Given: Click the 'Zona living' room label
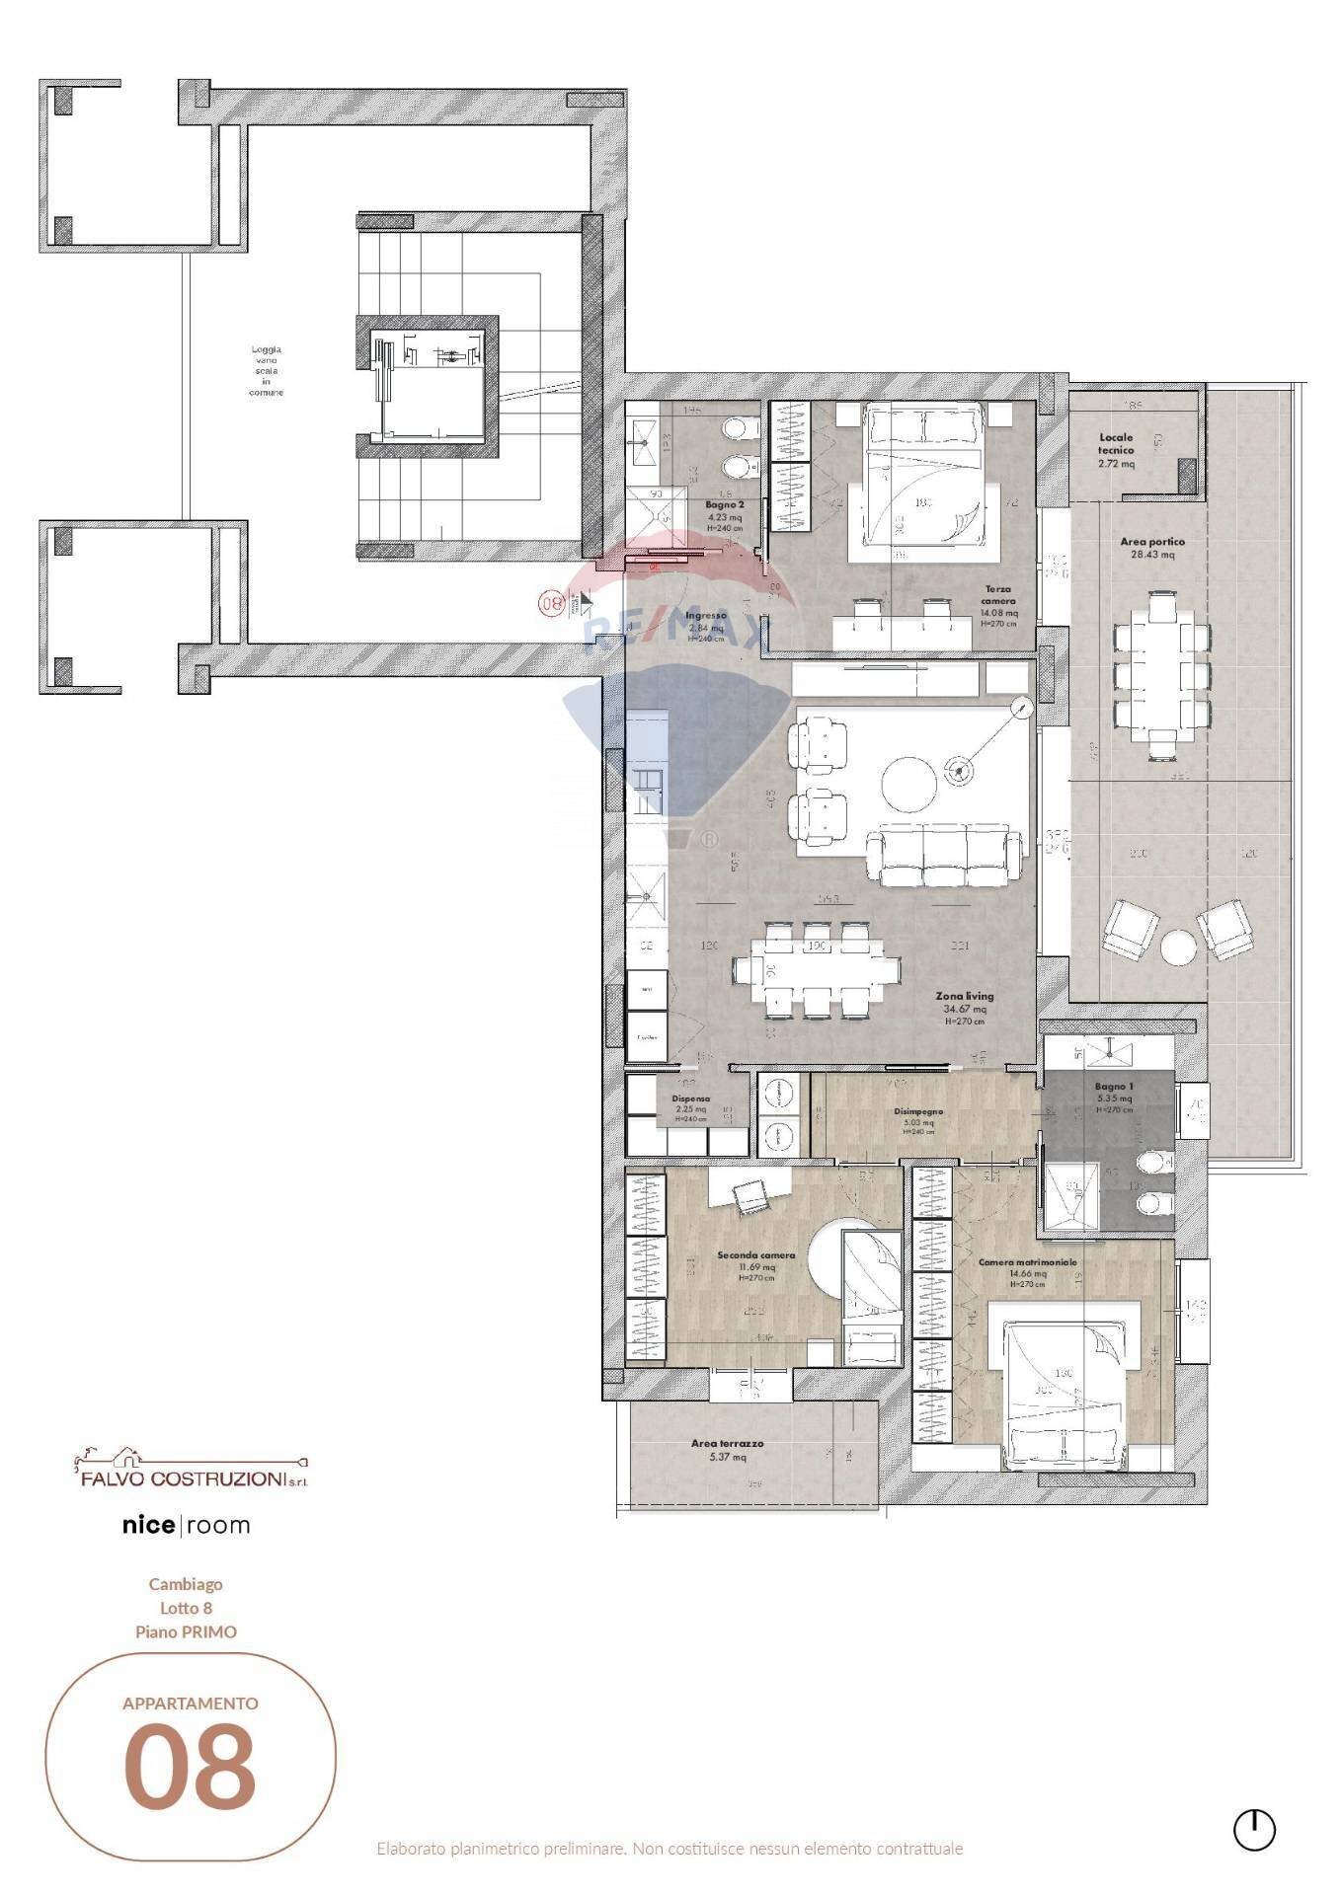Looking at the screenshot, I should tap(965, 997).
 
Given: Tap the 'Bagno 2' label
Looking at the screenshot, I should tap(725, 504).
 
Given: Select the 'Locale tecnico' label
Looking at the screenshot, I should tap(1116, 443).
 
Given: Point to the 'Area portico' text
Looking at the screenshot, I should tap(1151, 542).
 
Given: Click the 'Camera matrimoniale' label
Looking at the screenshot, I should tap(1027, 1262).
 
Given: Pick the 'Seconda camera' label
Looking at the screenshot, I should tap(755, 1255).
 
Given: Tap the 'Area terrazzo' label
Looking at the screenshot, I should tap(727, 1443).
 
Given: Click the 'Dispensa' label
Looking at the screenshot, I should tap(690, 1099).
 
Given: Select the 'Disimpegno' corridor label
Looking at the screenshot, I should tap(918, 1111).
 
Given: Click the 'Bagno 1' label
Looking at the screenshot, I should tap(1114, 1086).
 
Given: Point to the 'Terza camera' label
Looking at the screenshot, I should tap(997, 595).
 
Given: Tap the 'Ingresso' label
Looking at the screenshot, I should tap(705, 615).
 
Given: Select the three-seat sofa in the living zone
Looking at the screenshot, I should tap(943, 854).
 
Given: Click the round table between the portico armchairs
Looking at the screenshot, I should tap(1178, 947).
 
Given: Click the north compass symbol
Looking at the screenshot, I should tap(1254, 1829).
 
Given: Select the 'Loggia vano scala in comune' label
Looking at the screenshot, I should tap(266, 370).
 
